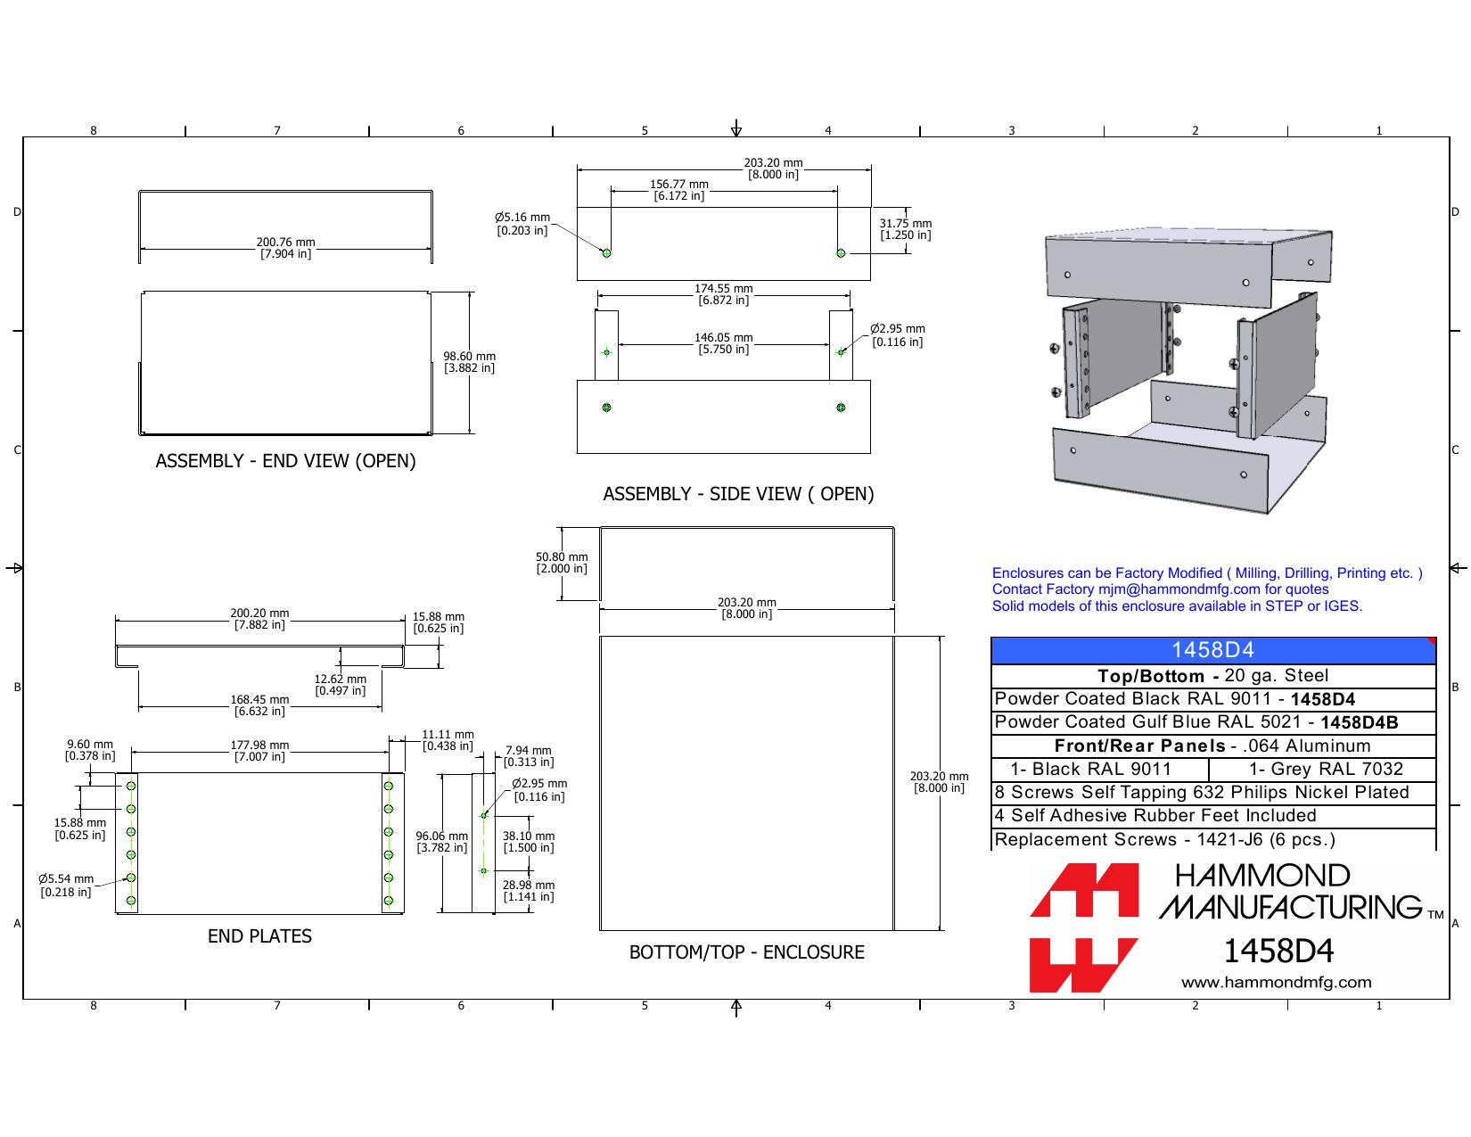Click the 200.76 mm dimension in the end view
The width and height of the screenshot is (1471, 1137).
pyautogui.click(x=285, y=248)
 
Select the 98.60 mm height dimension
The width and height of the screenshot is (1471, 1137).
pyautogui.click(x=469, y=362)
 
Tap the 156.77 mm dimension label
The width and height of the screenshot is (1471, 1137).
pyautogui.click(x=679, y=190)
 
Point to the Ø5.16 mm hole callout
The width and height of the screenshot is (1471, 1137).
pyautogui.click(x=522, y=224)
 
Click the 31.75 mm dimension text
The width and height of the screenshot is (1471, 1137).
pyautogui.click(x=906, y=229)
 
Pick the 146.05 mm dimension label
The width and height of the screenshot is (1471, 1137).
pyautogui.click(x=724, y=343)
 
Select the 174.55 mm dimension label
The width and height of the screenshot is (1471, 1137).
pyautogui.click(x=724, y=294)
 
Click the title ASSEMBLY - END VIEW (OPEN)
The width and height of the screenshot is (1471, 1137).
pyautogui.click(x=285, y=460)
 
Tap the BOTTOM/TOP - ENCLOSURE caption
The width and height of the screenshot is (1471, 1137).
pyautogui.click(x=747, y=952)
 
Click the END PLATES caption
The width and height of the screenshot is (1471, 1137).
pyautogui.click(x=259, y=935)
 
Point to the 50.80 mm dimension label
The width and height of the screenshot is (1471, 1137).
pyautogui.click(x=562, y=563)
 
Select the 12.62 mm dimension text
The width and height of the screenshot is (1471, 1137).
pyautogui.click(x=340, y=685)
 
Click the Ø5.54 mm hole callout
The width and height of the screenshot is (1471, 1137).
pyautogui.click(x=66, y=886)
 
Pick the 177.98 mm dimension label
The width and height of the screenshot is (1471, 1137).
pyautogui.click(x=259, y=751)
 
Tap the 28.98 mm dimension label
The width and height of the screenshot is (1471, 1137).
pyautogui.click(x=528, y=891)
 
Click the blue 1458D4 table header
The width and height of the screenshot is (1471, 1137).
pyautogui.click(x=1213, y=650)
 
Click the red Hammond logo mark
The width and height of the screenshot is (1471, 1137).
pyautogui.click(x=1084, y=927)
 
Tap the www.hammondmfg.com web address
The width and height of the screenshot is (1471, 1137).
pyautogui.click(x=1276, y=982)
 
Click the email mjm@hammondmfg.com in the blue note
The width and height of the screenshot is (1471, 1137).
pyautogui.click(x=1179, y=589)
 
